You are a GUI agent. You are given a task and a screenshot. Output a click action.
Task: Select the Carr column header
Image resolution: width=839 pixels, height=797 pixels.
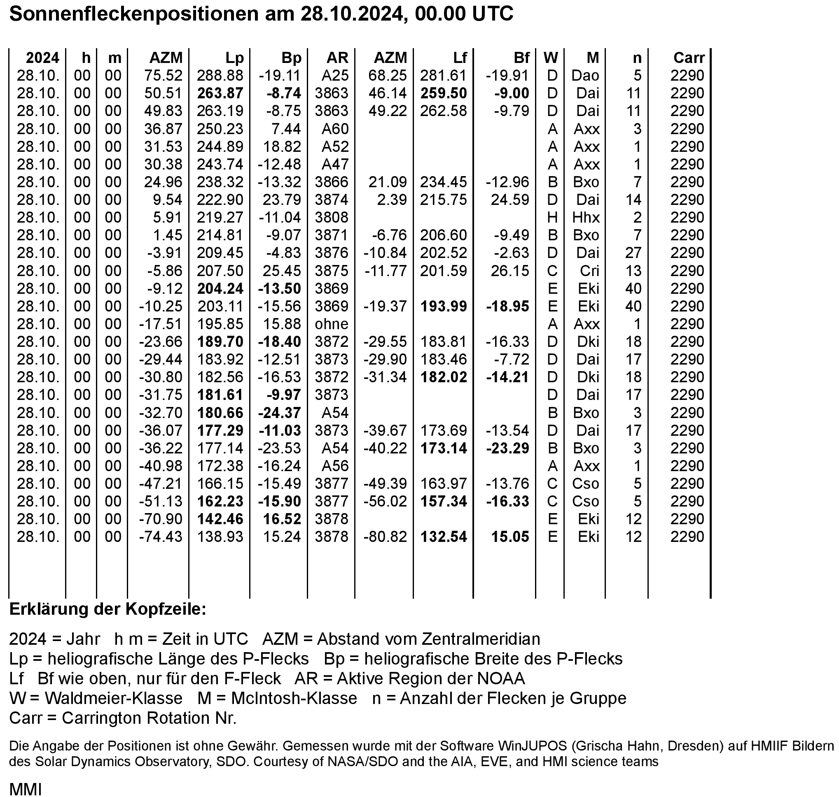pos(689,58)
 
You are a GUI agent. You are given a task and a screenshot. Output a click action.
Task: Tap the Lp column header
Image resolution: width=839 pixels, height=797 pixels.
pos(234,58)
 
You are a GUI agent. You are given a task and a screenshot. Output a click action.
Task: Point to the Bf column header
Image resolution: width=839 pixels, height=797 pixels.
pos(521,58)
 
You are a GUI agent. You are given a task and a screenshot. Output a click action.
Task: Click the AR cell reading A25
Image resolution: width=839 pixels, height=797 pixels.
pos(335,76)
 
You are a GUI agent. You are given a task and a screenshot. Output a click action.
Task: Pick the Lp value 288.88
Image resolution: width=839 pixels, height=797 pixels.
pos(220,76)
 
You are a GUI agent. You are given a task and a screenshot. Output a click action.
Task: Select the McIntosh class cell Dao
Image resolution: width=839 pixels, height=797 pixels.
pos(585,76)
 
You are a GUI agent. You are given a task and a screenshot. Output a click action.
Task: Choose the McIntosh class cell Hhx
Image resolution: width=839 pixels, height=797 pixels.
pos(586,218)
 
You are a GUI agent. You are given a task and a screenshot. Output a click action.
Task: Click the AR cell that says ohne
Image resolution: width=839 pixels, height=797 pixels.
pos(331,324)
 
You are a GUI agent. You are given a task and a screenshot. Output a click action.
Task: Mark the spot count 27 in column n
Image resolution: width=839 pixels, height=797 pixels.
pos(633,253)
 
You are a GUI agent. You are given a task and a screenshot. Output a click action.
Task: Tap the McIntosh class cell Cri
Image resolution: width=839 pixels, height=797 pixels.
pos(589,271)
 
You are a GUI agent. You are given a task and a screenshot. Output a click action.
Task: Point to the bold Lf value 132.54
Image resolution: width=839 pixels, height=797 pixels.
pos(444,537)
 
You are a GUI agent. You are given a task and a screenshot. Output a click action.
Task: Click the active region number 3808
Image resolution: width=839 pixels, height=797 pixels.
pos(331,218)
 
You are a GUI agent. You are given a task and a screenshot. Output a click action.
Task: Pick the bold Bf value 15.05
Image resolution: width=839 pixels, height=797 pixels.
pos(510,537)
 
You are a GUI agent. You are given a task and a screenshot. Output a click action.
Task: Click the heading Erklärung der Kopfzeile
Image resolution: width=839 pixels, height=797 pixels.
pos(108,609)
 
